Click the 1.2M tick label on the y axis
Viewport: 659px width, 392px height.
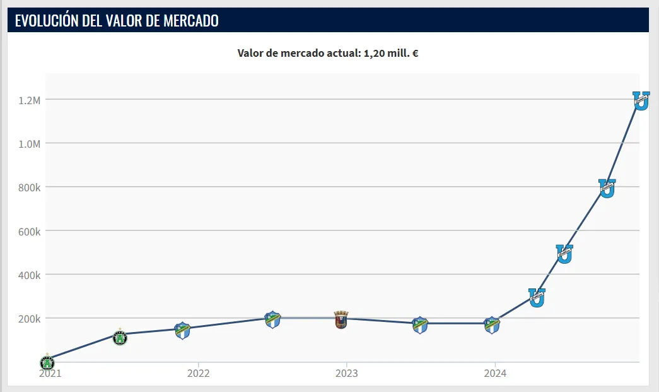tap(29, 100)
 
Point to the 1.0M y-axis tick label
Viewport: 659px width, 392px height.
tap(29, 143)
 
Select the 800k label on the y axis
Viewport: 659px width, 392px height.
tap(29, 187)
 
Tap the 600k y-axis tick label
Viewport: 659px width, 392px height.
tap(29, 231)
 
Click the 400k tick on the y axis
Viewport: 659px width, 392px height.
tap(29, 275)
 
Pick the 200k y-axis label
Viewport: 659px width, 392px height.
tap(29, 319)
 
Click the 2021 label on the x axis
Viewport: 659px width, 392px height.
tap(50, 373)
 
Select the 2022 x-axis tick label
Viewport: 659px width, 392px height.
tap(198, 373)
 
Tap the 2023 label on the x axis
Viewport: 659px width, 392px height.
tap(346, 373)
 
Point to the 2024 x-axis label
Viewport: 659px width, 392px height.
tap(494, 373)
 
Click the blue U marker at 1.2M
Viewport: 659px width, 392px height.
tap(641, 100)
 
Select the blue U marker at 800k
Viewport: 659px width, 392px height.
tap(607, 188)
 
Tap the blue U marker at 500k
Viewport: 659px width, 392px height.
tap(564, 253)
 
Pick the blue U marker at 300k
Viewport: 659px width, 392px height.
tap(537, 297)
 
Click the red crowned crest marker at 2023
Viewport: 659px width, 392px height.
tap(341, 319)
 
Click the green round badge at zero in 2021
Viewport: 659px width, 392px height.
tap(47, 362)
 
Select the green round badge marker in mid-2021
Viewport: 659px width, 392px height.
tap(120, 338)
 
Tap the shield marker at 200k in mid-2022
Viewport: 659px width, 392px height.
tap(272, 319)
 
